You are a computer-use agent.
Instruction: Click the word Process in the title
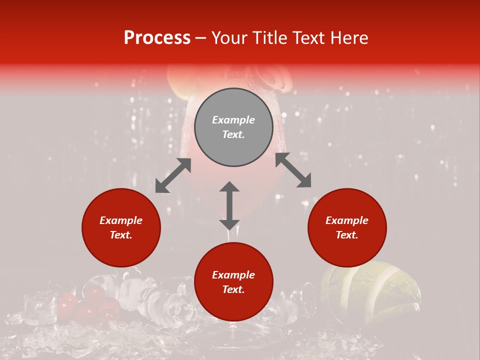[157, 38]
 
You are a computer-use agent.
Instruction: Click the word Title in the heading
[270, 38]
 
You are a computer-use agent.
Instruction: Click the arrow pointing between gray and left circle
[173, 175]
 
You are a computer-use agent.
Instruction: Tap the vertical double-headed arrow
[229, 205]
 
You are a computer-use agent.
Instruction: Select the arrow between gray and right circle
[293, 170]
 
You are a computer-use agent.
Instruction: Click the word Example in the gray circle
[233, 120]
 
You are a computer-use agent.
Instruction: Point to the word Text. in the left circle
[121, 235]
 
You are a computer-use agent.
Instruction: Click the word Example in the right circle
[347, 220]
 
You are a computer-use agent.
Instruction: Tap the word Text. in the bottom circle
[233, 289]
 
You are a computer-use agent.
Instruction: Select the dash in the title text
[201, 38]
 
